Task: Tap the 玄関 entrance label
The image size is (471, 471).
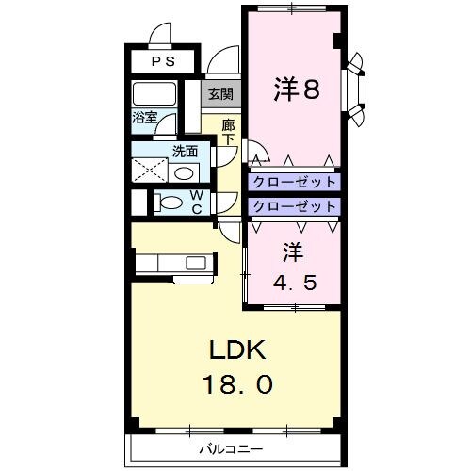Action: (x=220, y=93)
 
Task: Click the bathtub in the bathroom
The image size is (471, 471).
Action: (x=155, y=95)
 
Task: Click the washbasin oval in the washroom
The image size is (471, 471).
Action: (x=186, y=172)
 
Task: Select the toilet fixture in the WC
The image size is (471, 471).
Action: (x=171, y=202)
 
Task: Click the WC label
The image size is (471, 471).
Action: (x=198, y=202)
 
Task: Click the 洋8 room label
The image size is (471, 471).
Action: (x=297, y=89)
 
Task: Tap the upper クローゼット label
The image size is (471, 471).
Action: (x=293, y=181)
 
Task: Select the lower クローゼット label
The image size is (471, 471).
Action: (x=293, y=205)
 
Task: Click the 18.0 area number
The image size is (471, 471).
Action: (x=239, y=384)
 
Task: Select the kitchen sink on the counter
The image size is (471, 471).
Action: (x=196, y=262)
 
